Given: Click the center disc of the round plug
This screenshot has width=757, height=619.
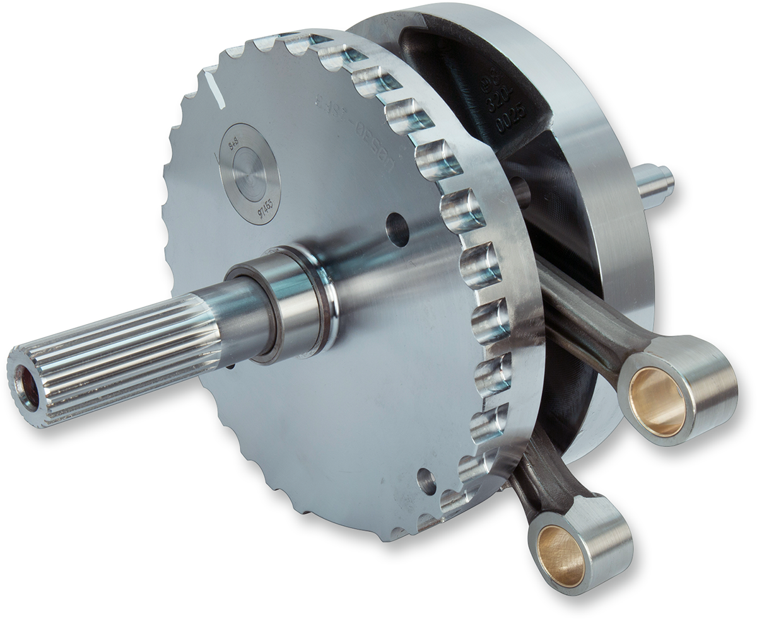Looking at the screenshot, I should click(250, 173).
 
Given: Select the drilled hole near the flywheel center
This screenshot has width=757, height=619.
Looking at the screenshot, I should click(397, 229).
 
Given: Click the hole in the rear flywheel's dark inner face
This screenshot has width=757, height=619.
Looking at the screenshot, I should click(521, 192).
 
